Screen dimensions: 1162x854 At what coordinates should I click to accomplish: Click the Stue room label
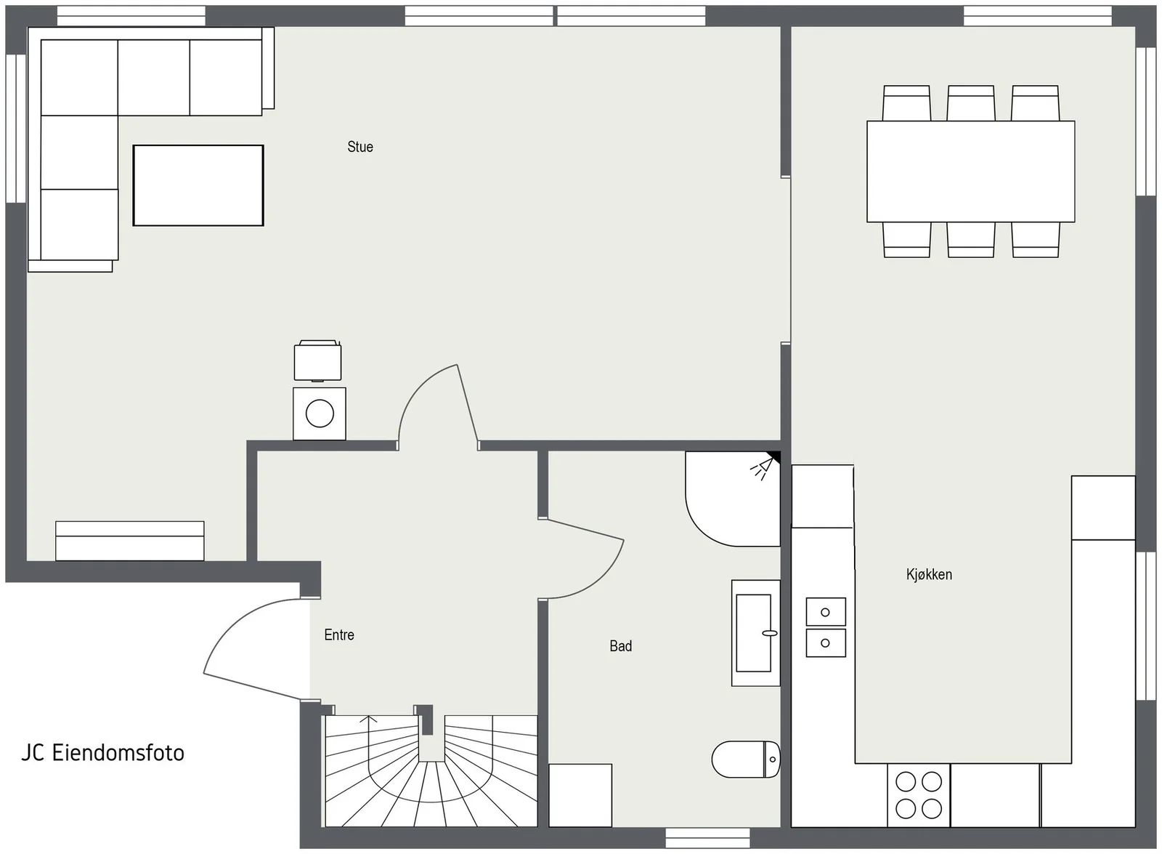coord(360,147)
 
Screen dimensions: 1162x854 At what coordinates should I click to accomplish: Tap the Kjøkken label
coord(929,575)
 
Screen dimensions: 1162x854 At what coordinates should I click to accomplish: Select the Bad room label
coord(620,646)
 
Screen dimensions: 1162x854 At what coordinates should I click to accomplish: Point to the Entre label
coord(339,635)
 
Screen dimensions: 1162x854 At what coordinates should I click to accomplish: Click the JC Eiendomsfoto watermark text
coord(102,753)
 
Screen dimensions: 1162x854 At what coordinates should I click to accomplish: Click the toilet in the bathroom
coord(746,759)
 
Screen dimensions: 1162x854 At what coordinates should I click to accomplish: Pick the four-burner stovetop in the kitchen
coord(919,795)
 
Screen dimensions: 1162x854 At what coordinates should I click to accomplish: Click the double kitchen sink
coord(826,627)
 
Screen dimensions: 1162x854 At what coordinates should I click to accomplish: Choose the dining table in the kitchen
coord(970,172)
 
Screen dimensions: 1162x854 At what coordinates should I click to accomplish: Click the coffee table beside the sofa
coord(198,185)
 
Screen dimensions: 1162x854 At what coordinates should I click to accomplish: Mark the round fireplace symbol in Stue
coord(320,414)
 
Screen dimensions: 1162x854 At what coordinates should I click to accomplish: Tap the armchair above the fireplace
coord(317,360)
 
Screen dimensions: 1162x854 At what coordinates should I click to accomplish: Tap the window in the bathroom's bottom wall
coord(707,838)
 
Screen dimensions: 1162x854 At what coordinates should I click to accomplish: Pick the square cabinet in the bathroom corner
coord(580,795)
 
